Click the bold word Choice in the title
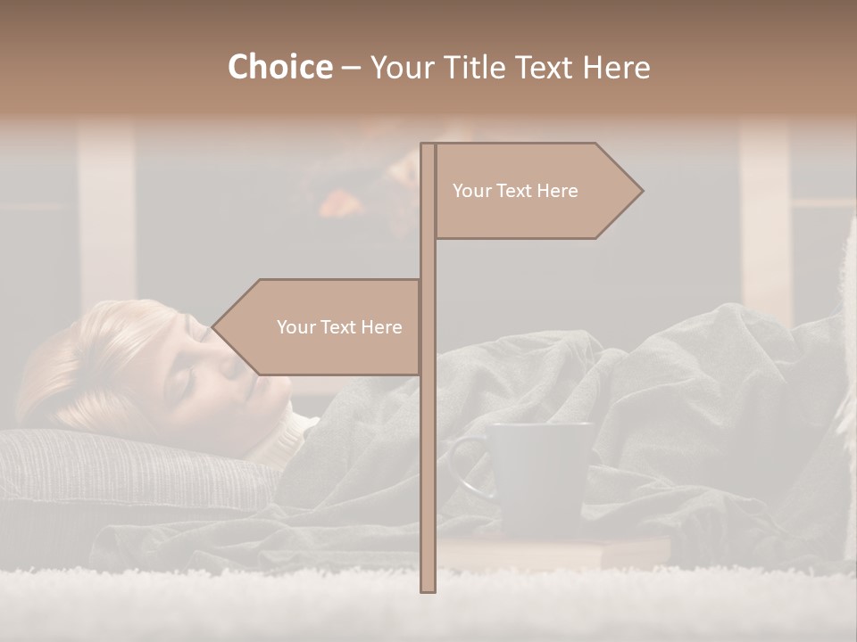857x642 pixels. coord(279,67)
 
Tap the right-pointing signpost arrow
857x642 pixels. coord(536,191)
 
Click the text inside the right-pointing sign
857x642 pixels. coord(515,191)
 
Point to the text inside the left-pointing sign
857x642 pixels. coord(339,327)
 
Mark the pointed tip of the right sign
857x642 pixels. coord(641,191)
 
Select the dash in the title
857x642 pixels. coord(351,69)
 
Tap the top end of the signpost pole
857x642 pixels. coord(428,146)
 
